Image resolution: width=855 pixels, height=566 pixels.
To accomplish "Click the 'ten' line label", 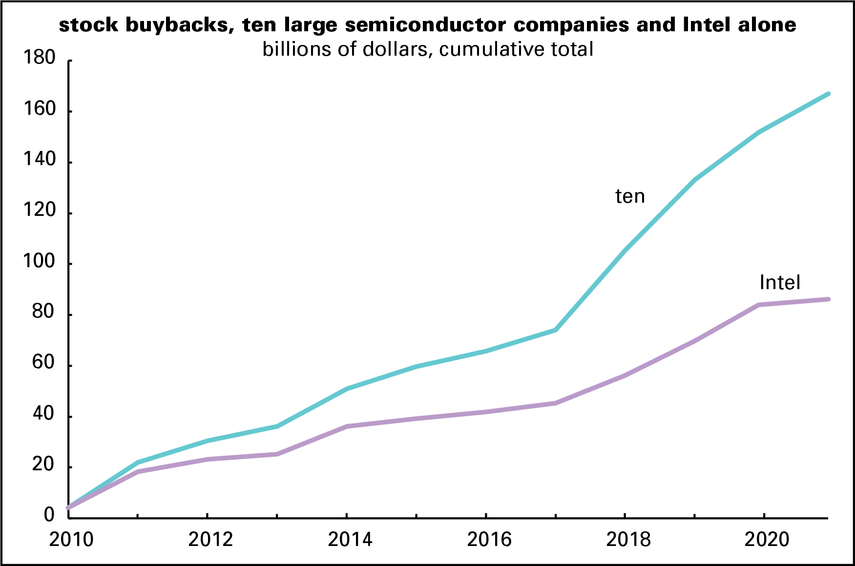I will (x=630, y=196).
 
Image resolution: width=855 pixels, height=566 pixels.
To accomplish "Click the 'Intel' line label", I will (x=780, y=283).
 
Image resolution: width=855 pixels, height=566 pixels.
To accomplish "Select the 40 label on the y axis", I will (x=43, y=414).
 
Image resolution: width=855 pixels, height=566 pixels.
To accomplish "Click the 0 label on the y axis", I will (x=49, y=515).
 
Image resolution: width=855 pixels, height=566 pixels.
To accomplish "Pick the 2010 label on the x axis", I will (x=71, y=540).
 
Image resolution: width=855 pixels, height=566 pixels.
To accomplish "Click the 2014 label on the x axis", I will (x=350, y=540).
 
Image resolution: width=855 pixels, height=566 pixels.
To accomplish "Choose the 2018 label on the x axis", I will (x=628, y=540).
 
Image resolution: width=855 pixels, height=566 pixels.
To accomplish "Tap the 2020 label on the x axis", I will (x=767, y=540).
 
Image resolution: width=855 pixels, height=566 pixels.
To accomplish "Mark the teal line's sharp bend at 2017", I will (x=556, y=330).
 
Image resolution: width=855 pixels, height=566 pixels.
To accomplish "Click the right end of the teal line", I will (x=828, y=94).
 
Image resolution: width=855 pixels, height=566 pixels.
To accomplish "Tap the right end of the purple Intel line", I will (x=828, y=299).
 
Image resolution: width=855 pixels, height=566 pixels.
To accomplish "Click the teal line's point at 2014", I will (x=347, y=389).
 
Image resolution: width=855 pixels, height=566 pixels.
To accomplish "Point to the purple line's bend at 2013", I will (x=277, y=454).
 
